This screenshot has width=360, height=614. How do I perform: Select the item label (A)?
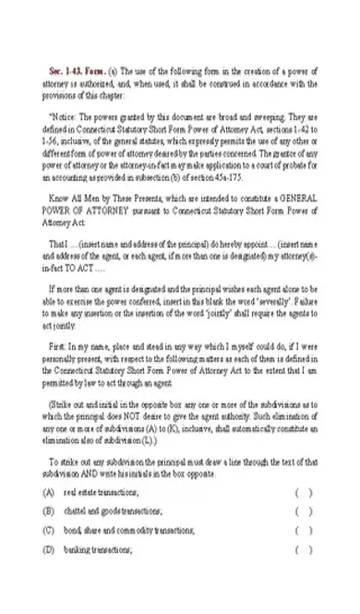[48, 492]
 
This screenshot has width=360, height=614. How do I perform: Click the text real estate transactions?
[101, 492]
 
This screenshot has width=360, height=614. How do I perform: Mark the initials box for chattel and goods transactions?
[304, 511]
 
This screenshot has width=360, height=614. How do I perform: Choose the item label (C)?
[48, 530]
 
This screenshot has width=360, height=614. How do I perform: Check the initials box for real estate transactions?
[304, 492]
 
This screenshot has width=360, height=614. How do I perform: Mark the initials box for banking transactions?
[304, 549]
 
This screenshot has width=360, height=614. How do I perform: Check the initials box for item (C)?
[304, 530]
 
